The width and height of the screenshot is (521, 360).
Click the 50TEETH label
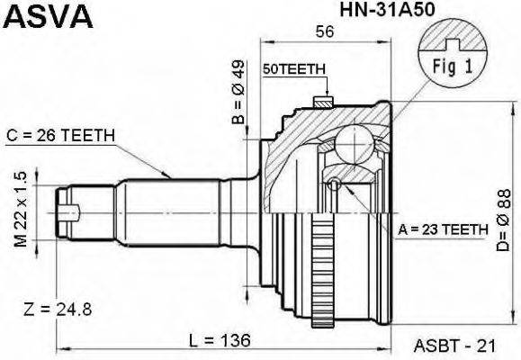click(x=293, y=69)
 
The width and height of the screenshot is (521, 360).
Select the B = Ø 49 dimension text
click(x=238, y=93)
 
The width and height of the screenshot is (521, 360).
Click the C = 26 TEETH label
click(x=60, y=136)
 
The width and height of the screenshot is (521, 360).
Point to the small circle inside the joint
click(x=334, y=186)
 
